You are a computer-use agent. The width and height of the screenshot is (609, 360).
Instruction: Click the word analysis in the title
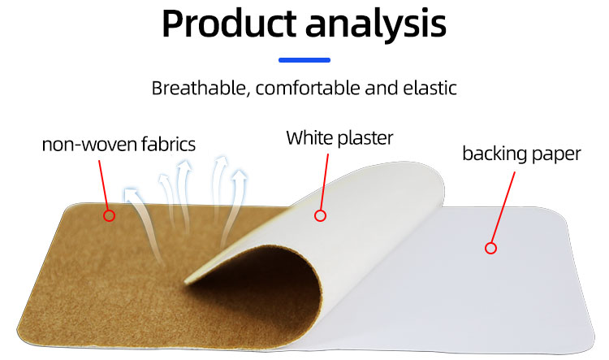pyautogui.click(x=377, y=25)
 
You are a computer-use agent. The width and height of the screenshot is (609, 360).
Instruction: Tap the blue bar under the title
pyautogui.click(x=304, y=59)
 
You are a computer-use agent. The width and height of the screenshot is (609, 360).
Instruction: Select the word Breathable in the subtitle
pyautogui.click(x=197, y=88)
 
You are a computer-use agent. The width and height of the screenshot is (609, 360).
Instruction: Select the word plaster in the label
pyautogui.click(x=365, y=138)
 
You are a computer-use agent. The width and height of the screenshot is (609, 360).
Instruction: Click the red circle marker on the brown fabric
pyautogui.click(x=109, y=215)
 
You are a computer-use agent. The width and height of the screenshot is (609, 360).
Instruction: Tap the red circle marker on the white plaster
pyautogui.click(x=320, y=215)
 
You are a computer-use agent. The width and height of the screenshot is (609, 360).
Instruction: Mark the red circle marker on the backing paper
pyautogui.click(x=490, y=248)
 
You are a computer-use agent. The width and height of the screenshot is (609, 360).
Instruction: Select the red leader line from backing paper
pyautogui.click(x=502, y=207)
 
